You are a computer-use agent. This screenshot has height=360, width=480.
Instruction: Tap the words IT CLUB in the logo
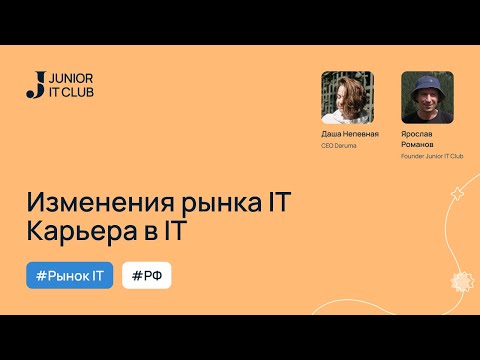[66, 92]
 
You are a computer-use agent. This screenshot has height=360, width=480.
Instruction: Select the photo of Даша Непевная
[347, 97]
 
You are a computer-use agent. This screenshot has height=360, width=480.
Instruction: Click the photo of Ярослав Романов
[427, 97]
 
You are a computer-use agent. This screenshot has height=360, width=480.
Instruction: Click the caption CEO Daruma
[340, 146]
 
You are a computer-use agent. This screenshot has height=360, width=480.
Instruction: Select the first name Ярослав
[421, 134]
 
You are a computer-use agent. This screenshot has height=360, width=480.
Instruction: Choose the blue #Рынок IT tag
[69, 274]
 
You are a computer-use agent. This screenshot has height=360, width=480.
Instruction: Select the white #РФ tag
[146, 274]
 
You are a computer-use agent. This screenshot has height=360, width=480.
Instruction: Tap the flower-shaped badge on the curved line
[461, 279]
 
